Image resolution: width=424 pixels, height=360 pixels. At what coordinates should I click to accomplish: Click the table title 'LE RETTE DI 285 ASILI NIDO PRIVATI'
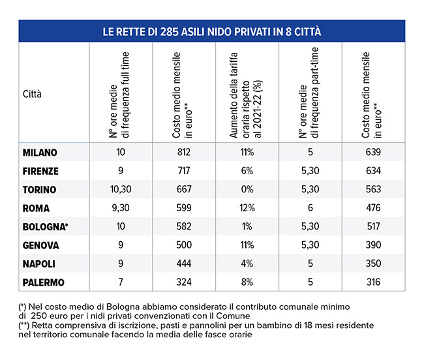[212, 31]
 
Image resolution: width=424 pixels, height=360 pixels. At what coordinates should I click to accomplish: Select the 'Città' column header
[32, 94]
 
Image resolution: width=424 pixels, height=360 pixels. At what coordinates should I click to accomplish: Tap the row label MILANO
[40, 153]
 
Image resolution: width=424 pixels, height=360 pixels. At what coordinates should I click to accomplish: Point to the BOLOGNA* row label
[44, 227]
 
